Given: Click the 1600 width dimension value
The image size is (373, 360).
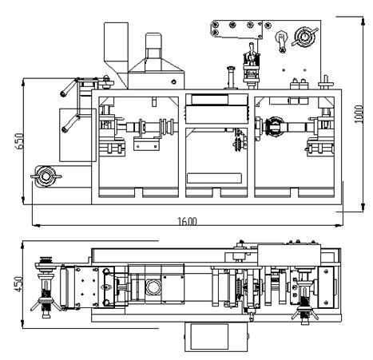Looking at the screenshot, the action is [x=187, y=221].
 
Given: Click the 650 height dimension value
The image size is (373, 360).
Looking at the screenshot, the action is [x=19, y=140].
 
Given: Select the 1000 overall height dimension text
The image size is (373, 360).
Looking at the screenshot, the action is [x=359, y=114].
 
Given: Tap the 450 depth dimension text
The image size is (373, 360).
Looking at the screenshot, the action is [x=18, y=284].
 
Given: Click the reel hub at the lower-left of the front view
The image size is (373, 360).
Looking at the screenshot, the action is [x=46, y=176].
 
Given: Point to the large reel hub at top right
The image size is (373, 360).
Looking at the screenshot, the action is [x=304, y=37].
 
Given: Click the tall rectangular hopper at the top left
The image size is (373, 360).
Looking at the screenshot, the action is [x=116, y=47].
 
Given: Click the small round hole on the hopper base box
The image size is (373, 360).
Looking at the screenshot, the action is [x=174, y=81].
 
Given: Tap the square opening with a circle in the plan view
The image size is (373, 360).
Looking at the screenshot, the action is [x=153, y=287].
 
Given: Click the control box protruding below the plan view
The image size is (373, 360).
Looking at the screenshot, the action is [x=216, y=337].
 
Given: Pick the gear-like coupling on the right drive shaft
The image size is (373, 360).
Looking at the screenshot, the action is [x=274, y=127].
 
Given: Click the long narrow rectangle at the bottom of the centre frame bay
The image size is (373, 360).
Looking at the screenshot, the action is [x=214, y=178].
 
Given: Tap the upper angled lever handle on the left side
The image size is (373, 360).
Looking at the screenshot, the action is [x=69, y=87].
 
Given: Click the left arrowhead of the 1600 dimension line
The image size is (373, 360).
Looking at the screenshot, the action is [x=36, y=226].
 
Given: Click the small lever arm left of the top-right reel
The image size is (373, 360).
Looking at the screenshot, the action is [x=282, y=42].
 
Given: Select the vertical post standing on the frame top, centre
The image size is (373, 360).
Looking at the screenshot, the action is [x=231, y=77].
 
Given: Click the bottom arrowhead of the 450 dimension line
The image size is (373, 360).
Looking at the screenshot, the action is [x=22, y=324].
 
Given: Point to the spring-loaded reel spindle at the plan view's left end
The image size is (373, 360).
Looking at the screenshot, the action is [x=46, y=287].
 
